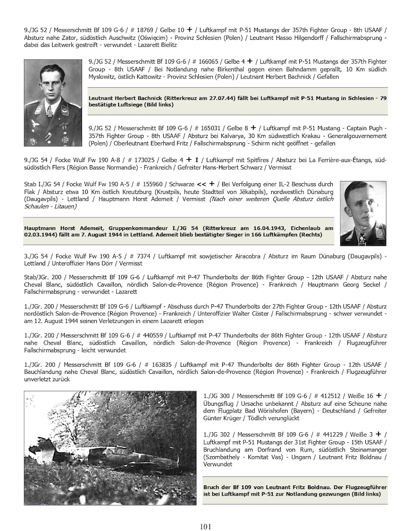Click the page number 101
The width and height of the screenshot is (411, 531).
[x=206, y=526]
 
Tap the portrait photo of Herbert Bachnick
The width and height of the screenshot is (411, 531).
[x=53, y=102]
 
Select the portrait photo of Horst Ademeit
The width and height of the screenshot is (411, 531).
[x=363, y=213]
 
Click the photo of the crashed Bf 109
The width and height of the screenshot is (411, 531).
[x=110, y=448]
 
